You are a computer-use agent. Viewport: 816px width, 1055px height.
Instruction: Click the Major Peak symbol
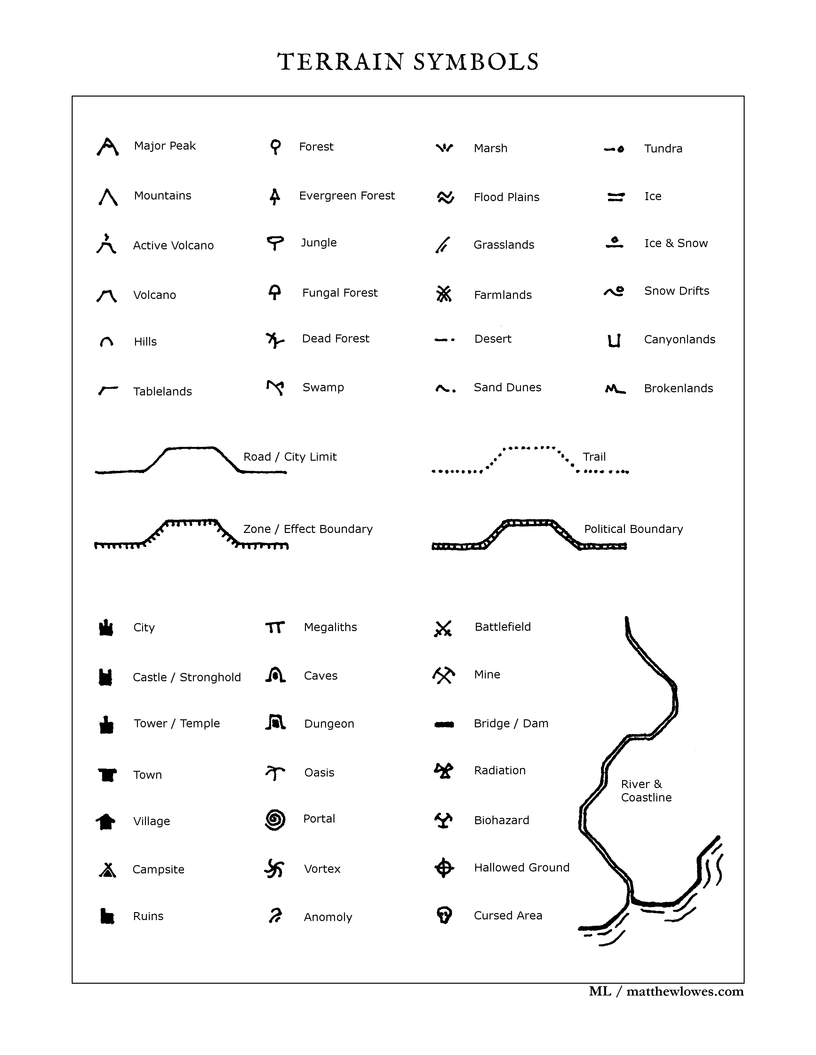107,147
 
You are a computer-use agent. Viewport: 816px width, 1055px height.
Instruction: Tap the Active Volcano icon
106,245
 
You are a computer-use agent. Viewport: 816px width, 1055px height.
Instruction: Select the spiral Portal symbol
275,819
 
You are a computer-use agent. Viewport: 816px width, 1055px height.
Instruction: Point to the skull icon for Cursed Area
444,915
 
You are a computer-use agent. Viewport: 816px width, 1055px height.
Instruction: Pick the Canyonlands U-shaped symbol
614,340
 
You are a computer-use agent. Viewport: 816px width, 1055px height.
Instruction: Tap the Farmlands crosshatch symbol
444,294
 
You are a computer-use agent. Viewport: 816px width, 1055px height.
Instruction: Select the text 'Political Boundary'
633,529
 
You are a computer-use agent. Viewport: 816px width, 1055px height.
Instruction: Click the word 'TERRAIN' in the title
340,62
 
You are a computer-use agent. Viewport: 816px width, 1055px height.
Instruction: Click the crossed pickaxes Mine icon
443,675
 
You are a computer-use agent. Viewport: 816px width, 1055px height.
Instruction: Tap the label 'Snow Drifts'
676,291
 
